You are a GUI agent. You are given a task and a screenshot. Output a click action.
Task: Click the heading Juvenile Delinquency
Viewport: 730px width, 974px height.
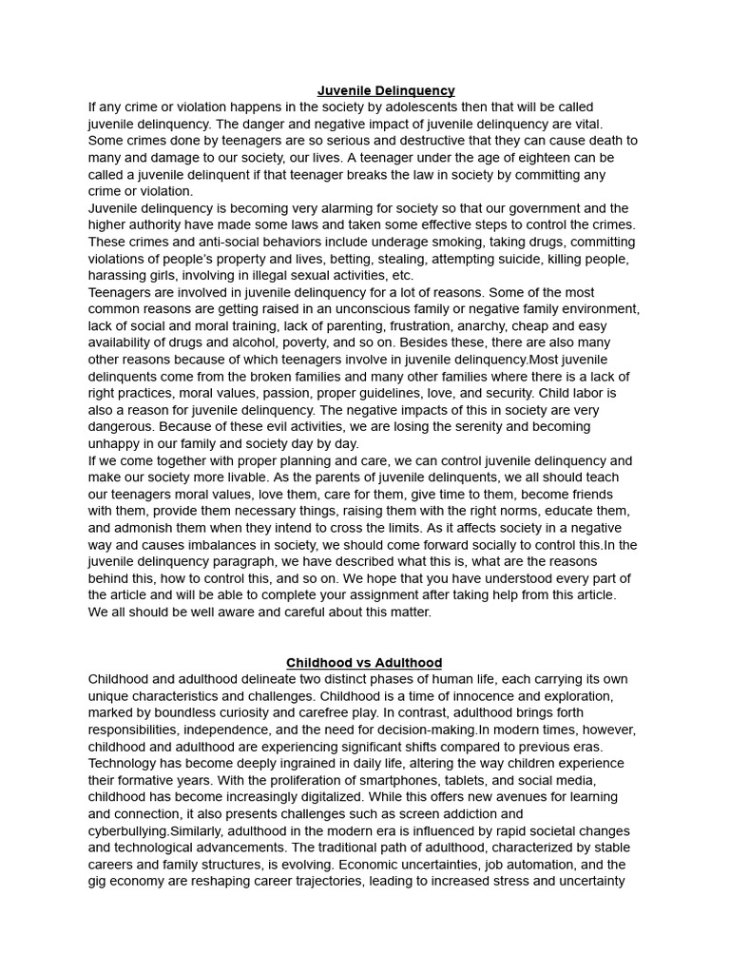tap(386, 90)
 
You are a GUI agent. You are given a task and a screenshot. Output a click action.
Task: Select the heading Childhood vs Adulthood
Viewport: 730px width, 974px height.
tap(364, 663)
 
